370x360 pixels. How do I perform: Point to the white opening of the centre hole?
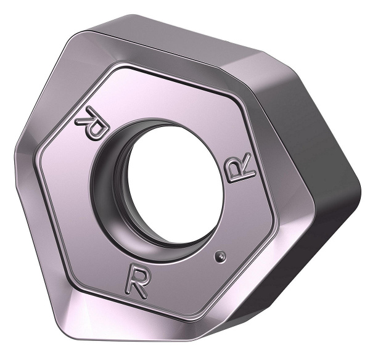click(170, 185)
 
